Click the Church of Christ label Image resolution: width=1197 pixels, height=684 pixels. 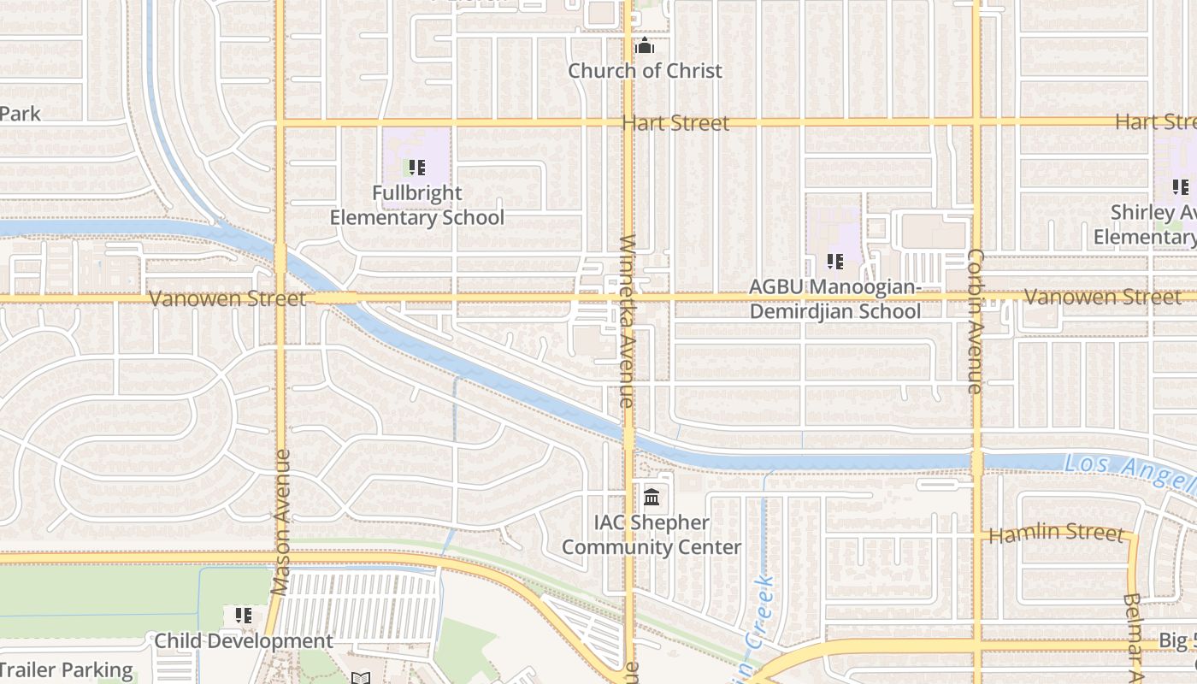tap(645, 71)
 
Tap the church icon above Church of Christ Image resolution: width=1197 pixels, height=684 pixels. tap(645, 45)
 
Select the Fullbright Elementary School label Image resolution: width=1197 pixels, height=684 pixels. tap(417, 205)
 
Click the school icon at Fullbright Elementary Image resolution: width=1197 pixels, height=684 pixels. tap(416, 168)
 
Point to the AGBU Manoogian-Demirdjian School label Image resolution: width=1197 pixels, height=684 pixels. tap(835, 298)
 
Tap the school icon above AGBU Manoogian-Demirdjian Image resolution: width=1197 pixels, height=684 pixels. tap(835, 262)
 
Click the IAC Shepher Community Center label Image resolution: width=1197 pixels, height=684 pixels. tap(652, 534)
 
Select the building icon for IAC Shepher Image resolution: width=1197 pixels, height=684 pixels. tap(652, 497)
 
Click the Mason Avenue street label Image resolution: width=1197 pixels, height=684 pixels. tap(280, 522)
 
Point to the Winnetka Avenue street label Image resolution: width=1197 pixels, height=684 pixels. tap(627, 321)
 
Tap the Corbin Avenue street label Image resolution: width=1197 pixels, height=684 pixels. tap(975, 321)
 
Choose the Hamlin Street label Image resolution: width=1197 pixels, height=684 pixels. tap(1055, 534)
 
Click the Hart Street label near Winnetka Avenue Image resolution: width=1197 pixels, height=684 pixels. tap(675, 123)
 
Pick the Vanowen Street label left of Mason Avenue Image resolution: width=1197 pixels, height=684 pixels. tap(227, 298)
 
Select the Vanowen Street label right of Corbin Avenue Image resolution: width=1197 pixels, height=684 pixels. tap(1102, 297)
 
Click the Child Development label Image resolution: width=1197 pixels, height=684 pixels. tap(244, 641)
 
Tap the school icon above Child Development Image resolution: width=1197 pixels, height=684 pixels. tap(244, 616)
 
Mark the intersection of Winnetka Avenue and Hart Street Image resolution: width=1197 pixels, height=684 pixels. tap(628, 123)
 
